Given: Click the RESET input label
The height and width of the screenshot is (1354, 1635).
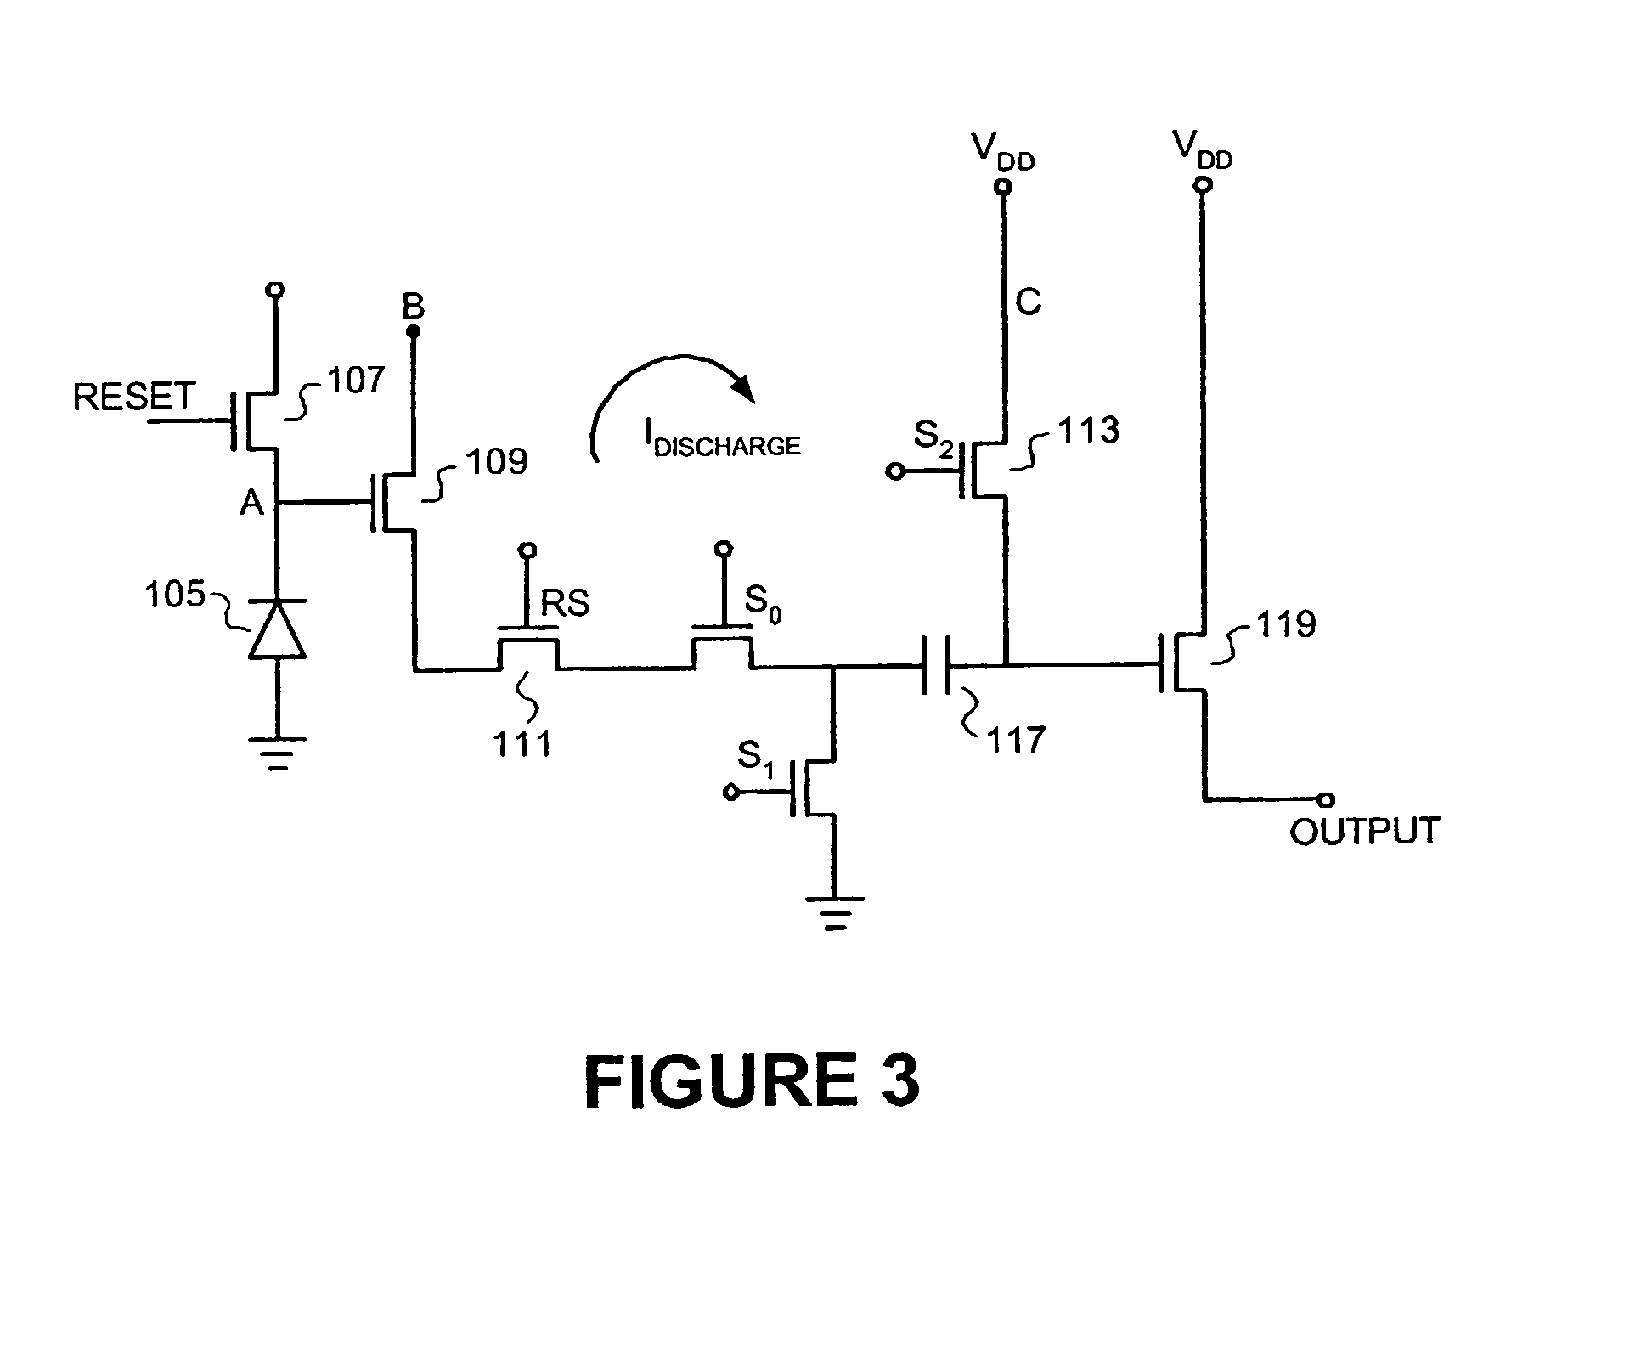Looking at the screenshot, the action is [x=134, y=397].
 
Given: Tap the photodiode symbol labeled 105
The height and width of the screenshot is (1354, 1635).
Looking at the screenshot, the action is [x=277, y=629].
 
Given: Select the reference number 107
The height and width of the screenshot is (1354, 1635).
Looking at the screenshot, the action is [x=356, y=380].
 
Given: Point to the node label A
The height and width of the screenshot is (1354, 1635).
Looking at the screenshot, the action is [x=252, y=504].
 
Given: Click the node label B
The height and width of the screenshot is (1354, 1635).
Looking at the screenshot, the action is [x=414, y=307].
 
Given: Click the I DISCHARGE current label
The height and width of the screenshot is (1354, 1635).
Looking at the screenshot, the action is [x=722, y=443].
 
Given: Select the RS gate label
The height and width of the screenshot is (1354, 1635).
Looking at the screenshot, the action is [x=566, y=603].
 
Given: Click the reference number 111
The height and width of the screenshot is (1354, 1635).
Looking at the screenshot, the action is [x=522, y=744].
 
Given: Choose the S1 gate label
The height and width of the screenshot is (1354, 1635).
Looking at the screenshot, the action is [x=754, y=758].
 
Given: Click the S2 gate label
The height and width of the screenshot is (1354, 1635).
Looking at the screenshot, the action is [x=933, y=439].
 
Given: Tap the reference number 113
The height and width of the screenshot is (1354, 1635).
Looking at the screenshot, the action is [x=1089, y=430].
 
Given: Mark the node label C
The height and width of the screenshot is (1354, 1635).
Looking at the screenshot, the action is [x=1028, y=302].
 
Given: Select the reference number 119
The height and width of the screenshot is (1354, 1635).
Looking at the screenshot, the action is [x=1285, y=624].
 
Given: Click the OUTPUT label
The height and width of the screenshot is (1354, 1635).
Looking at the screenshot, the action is [x=1365, y=831].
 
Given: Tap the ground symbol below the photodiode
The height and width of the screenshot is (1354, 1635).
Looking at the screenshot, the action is [x=277, y=753].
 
